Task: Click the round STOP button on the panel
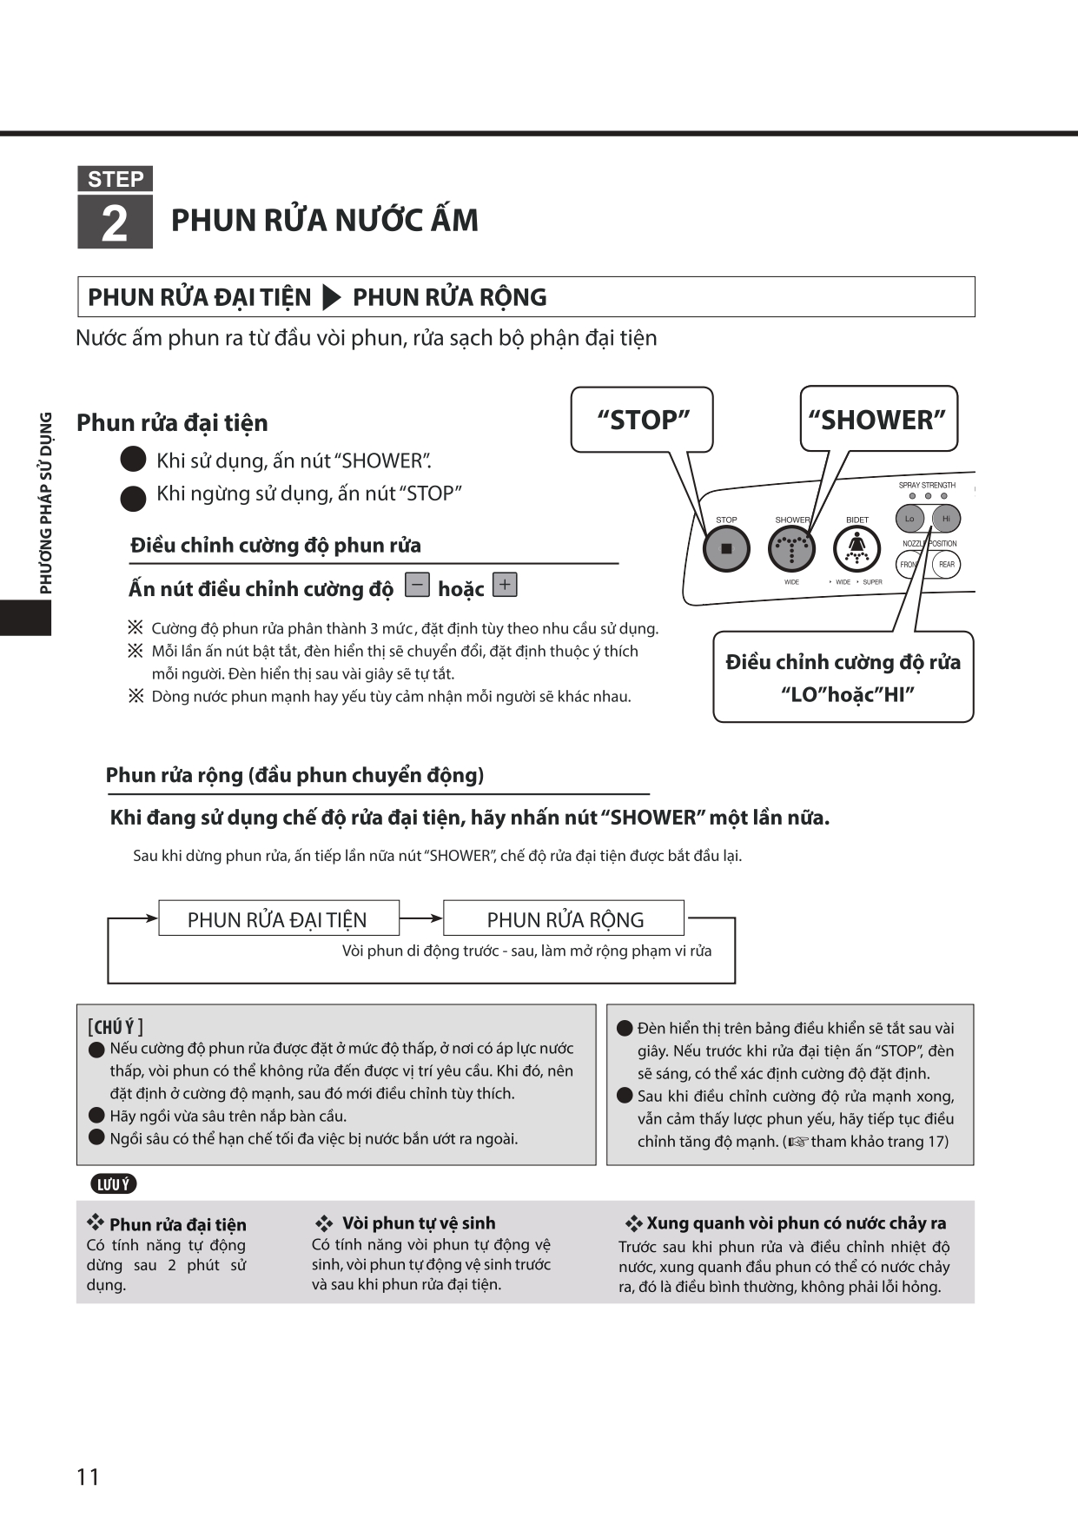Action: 726,549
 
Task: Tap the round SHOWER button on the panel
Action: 791,549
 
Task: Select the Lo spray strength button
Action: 909,519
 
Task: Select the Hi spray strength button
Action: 946,519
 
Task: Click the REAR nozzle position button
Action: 946,564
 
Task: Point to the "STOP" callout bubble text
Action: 643,420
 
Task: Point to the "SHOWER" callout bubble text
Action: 876,420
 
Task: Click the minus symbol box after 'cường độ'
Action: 418,585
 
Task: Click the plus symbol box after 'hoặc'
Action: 505,585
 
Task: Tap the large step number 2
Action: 115,223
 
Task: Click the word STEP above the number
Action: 115,179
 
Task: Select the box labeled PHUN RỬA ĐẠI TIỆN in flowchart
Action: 278,919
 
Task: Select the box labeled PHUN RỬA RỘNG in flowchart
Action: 565,919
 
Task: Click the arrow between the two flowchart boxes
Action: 421,918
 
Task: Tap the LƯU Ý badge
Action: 113,1184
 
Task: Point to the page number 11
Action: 88,1476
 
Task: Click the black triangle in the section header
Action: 331,297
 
